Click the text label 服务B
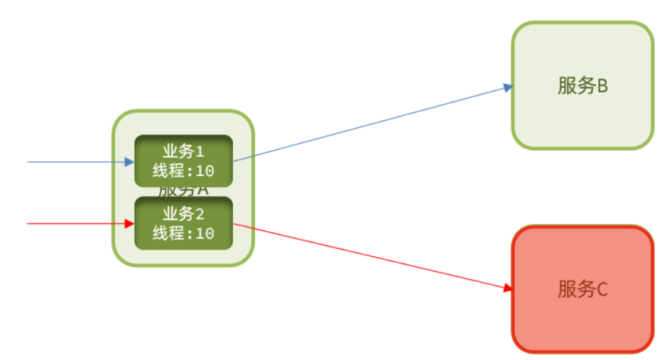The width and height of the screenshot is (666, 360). [582, 86]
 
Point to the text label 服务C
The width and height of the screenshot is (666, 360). [582, 289]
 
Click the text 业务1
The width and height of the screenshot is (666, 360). [183, 152]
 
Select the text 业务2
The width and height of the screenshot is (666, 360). [183, 214]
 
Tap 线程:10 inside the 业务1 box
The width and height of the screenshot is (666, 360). [183, 171]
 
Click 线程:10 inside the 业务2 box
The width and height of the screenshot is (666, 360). [183, 233]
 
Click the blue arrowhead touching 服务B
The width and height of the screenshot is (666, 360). [508, 87]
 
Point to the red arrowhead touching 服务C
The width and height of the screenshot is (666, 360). [508, 288]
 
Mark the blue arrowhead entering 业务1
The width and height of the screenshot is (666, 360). [130, 161]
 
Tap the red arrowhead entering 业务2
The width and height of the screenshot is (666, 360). [130, 223]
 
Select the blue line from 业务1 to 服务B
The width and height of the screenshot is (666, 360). [368, 123]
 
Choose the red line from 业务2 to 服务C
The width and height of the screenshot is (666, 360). [368, 255]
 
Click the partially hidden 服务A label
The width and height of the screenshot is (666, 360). [183, 191]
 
